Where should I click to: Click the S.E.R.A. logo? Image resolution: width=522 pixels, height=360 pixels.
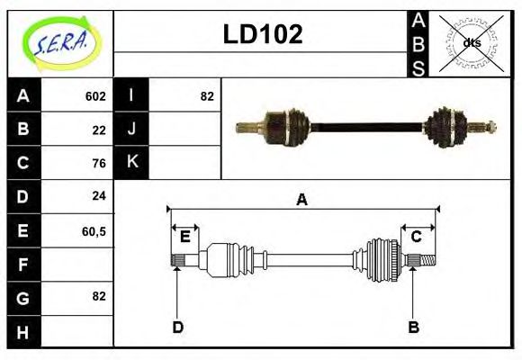click(x=60, y=43)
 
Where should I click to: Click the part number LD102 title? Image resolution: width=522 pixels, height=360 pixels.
click(x=262, y=34)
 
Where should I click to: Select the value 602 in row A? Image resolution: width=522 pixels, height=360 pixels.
click(x=95, y=96)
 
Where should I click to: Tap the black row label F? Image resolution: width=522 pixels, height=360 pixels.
click(x=23, y=264)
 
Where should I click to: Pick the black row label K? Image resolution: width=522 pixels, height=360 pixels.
click(x=131, y=163)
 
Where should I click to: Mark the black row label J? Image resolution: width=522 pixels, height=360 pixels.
click(x=131, y=130)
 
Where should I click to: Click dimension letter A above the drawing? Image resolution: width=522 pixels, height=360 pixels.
click(x=301, y=200)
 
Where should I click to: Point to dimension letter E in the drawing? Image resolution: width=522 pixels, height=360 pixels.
click(x=184, y=237)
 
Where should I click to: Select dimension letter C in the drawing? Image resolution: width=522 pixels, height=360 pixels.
click(x=417, y=237)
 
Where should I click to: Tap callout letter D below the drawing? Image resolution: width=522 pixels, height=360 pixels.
click(x=177, y=327)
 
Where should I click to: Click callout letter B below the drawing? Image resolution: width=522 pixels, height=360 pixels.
click(x=413, y=327)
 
